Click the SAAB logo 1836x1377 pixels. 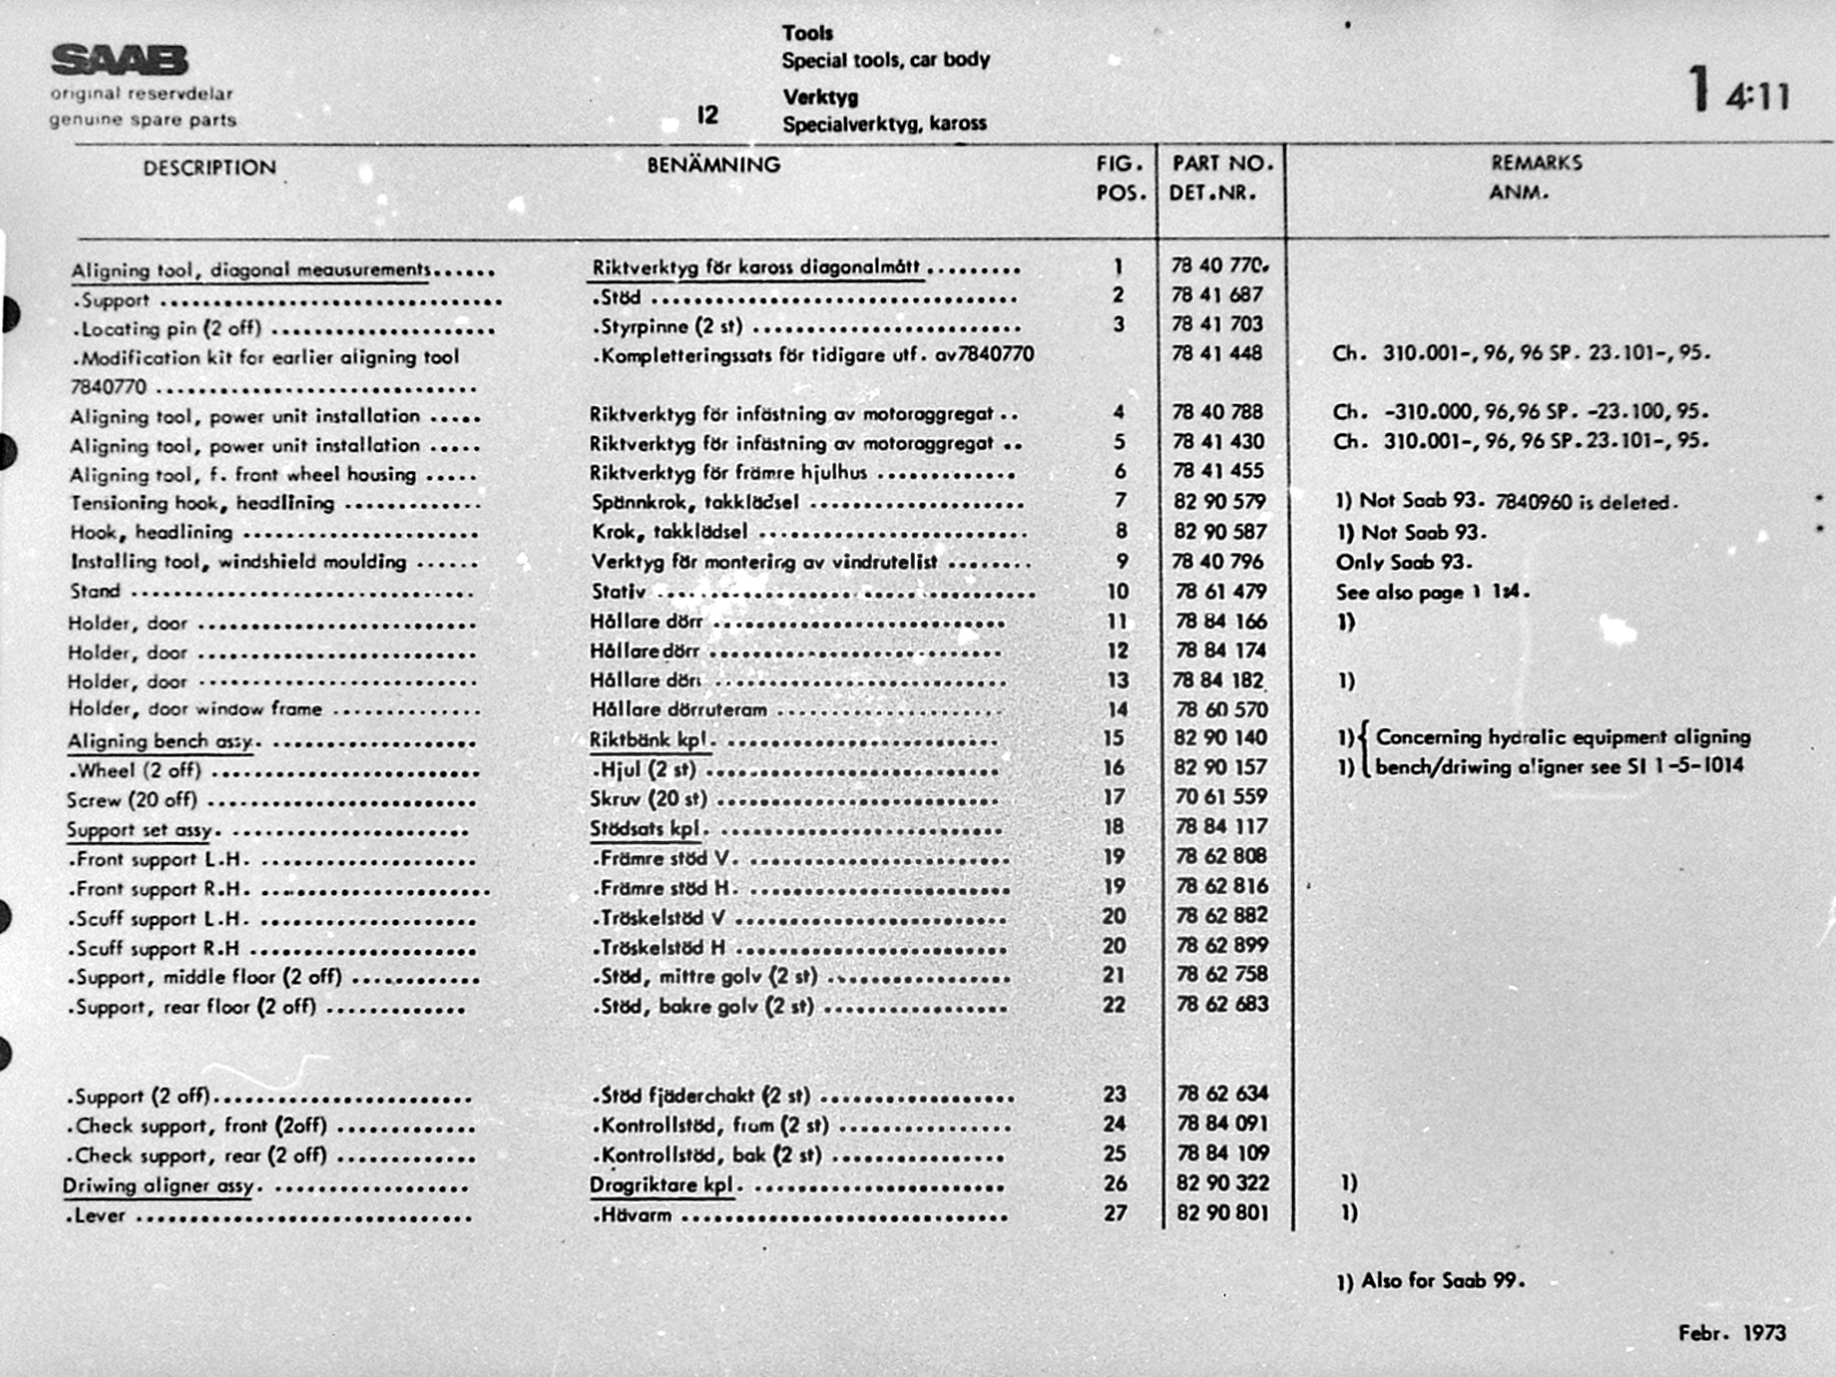(x=119, y=61)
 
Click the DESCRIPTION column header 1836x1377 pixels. (x=209, y=168)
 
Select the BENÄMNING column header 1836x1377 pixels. (x=713, y=165)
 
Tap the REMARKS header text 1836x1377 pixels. (x=1536, y=163)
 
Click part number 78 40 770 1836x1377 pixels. (x=1218, y=265)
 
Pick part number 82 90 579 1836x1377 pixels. (x=1219, y=501)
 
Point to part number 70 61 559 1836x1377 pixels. (x=1220, y=796)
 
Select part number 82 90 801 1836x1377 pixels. (x=1222, y=1213)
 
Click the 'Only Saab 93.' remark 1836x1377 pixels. (x=1404, y=562)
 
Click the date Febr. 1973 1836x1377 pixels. (x=1731, y=1333)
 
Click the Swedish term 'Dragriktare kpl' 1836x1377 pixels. (x=662, y=1185)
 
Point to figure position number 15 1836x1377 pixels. (x=1114, y=738)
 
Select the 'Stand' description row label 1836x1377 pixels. (x=95, y=592)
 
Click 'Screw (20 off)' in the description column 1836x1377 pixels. (x=132, y=800)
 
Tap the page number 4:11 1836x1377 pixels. (x=1757, y=96)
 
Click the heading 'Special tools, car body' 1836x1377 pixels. (x=885, y=60)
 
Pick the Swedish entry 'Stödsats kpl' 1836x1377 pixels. (x=645, y=828)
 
